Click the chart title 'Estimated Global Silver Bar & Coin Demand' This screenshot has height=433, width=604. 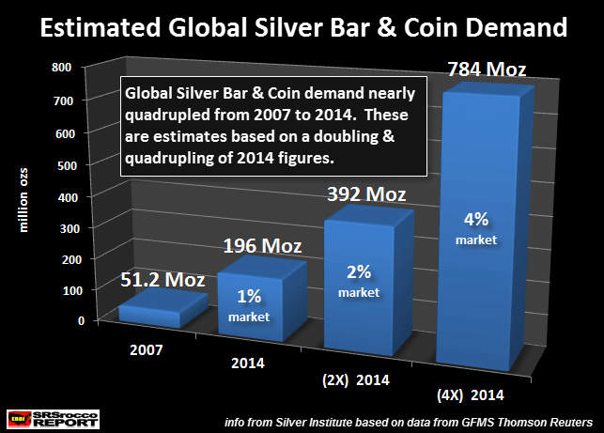click(x=302, y=27)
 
